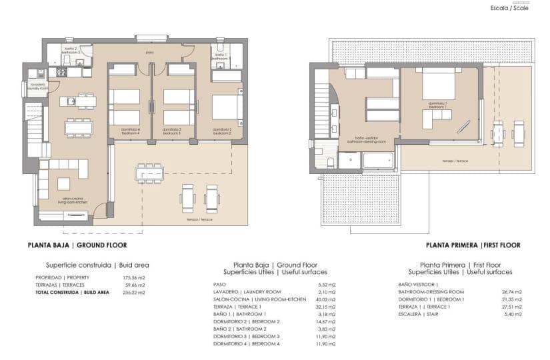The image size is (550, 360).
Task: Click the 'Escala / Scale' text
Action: [x=509, y=8]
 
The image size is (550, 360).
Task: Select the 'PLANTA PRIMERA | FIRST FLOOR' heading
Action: [x=473, y=245]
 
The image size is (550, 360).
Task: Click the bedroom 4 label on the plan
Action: [x=129, y=131]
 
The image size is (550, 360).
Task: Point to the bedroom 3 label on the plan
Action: [x=174, y=131]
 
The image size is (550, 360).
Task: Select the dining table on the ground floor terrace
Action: [x=149, y=173]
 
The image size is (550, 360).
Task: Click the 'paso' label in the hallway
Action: [x=150, y=51]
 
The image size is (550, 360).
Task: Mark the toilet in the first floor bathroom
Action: [x=329, y=161]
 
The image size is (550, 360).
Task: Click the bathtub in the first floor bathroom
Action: [x=377, y=160]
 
